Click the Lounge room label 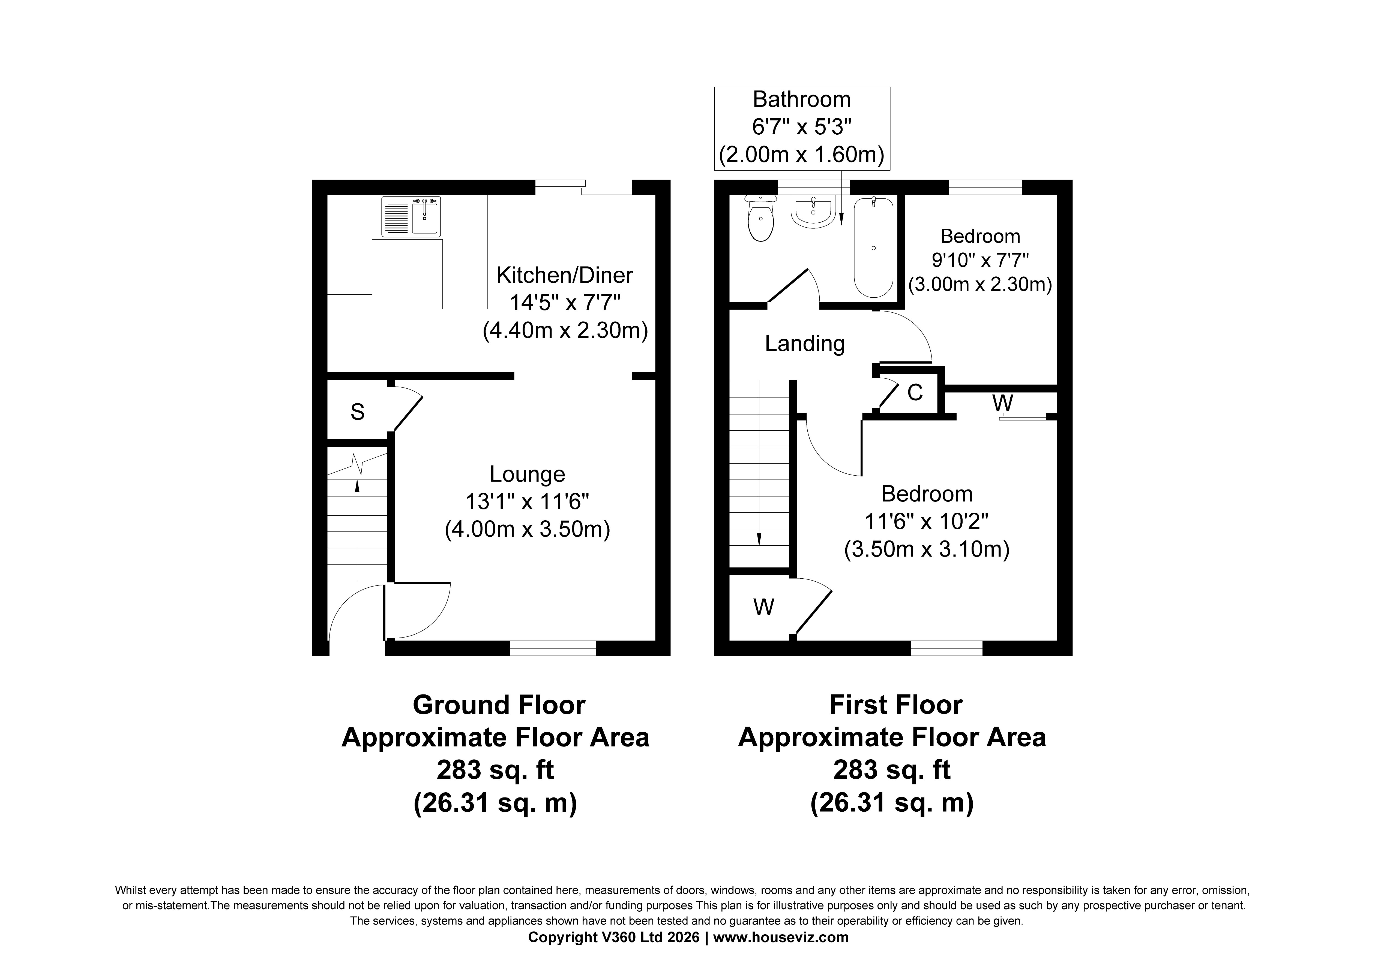coord(527,474)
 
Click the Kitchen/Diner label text coord(564,275)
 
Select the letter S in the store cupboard coord(358,412)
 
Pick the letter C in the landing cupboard coord(915,393)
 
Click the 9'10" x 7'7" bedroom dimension coord(980,260)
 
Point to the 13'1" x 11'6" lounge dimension coord(527,501)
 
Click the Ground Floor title coord(499,705)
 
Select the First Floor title coord(895,705)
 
